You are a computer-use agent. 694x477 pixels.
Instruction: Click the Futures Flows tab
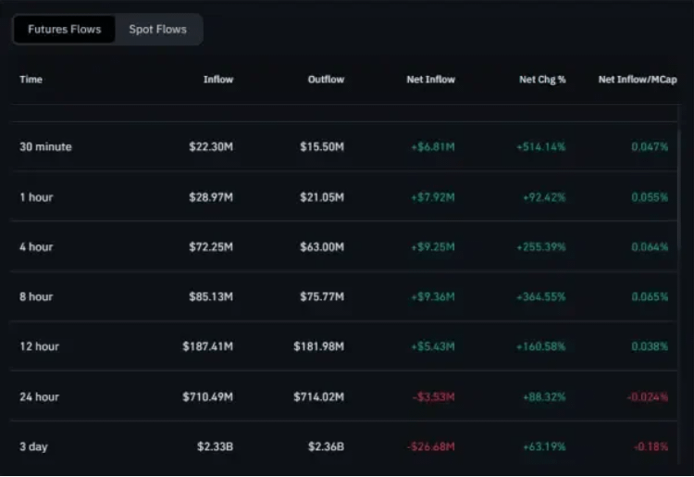[64, 30]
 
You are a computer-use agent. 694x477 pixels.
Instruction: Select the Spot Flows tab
[157, 30]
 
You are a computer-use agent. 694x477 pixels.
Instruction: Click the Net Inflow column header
[430, 80]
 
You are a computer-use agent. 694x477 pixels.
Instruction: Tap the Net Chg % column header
[542, 80]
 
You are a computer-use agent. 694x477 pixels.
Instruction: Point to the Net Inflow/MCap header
[638, 80]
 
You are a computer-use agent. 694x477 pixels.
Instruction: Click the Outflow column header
[326, 80]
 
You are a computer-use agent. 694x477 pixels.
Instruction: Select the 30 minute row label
[45, 146]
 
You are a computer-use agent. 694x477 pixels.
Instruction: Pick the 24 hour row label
[39, 396]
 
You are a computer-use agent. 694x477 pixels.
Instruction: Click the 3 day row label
[33, 446]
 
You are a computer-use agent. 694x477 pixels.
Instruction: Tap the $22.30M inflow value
[208, 146]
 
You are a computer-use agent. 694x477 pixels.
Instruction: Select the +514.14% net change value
[541, 146]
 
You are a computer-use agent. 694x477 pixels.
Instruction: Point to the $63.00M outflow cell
[322, 246]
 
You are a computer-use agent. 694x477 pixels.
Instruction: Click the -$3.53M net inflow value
[433, 396]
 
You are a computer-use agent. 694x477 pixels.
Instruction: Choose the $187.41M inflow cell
[207, 346]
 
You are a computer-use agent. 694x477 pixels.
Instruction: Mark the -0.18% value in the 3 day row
[651, 446]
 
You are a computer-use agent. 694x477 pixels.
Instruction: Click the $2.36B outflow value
[326, 446]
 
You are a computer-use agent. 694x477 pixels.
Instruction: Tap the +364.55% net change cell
[541, 296]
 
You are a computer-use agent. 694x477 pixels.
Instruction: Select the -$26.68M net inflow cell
[431, 446]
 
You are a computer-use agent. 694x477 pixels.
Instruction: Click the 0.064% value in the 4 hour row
[650, 246]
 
